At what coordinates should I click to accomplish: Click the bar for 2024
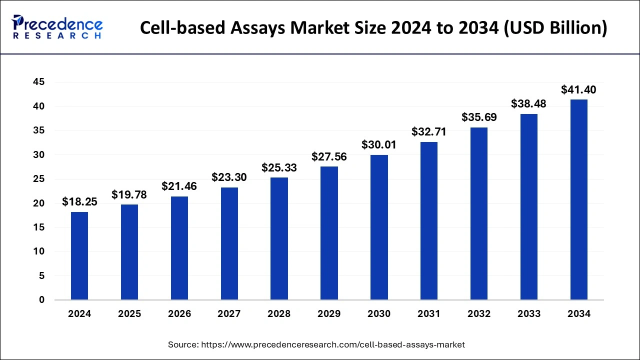click(79, 256)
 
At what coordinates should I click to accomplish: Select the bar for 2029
click(329, 233)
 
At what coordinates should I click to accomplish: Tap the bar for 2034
click(579, 199)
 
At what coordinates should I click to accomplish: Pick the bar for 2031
click(429, 220)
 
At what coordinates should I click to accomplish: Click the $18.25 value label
click(79, 202)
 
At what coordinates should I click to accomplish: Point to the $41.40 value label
click(578, 90)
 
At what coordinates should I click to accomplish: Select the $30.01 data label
click(379, 145)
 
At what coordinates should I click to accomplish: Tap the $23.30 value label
click(229, 177)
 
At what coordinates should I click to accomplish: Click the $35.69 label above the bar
click(479, 117)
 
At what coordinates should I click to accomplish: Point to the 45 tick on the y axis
click(38, 82)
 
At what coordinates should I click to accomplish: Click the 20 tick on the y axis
click(38, 203)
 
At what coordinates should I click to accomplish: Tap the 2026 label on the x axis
click(179, 314)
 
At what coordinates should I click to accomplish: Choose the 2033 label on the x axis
click(529, 314)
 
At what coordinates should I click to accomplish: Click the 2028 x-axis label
click(279, 314)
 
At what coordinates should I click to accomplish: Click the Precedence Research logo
click(57, 27)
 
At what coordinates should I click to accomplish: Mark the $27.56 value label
click(329, 156)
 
